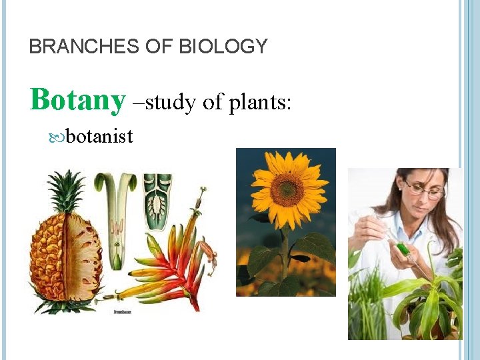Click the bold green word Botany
pyautogui.click(x=77, y=101)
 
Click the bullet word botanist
pyautogui.click(x=100, y=137)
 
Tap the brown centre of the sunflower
pyautogui.click(x=287, y=190)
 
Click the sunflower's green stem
pyautogui.click(x=285, y=253)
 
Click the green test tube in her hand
pyautogui.click(x=402, y=248)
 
